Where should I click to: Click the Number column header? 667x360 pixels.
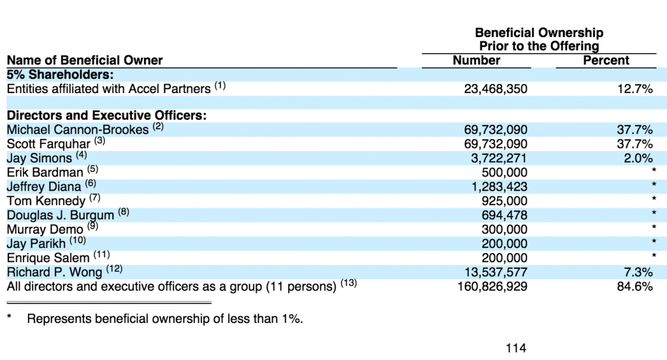pyautogui.click(x=476, y=61)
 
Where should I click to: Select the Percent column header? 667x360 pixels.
pyautogui.click(x=606, y=61)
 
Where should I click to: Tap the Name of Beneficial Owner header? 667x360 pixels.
pyautogui.click(x=85, y=61)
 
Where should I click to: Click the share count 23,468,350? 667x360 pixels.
pyautogui.click(x=496, y=89)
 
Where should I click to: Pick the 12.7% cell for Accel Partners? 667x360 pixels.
pyautogui.click(x=634, y=89)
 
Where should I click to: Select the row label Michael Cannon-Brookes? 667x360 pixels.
pyautogui.click(x=78, y=130)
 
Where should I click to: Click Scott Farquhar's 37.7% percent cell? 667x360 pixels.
pyautogui.click(x=634, y=144)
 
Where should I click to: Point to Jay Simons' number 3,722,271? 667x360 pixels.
pyautogui.click(x=498, y=158)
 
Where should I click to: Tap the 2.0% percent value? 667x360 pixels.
pyautogui.click(x=638, y=158)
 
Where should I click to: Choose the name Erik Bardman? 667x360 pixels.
pyautogui.click(x=45, y=173)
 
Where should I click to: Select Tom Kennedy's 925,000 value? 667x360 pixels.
pyautogui.click(x=505, y=201)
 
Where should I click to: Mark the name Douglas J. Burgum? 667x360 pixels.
pyautogui.click(x=61, y=215)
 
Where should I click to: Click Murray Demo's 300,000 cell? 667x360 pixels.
pyautogui.click(x=505, y=230)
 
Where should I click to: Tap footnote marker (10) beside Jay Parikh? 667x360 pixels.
pyautogui.click(x=78, y=241)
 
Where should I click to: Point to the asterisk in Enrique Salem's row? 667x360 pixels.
pyautogui.click(x=654, y=255)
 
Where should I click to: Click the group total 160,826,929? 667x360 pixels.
pyautogui.click(x=492, y=286)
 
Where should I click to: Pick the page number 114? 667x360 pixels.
pyautogui.click(x=516, y=348)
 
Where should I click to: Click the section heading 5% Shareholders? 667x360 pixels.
pyautogui.click(x=61, y=75)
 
